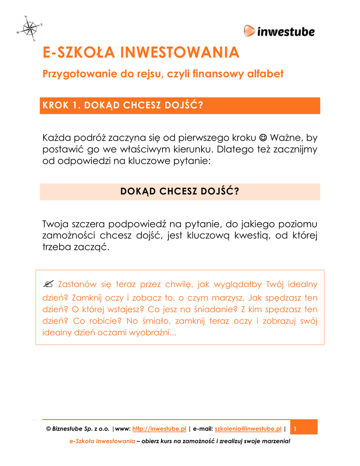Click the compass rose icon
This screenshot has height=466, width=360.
coord(30,28)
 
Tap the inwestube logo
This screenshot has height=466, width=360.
coord(279,31)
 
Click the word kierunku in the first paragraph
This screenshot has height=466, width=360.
coord(189,149)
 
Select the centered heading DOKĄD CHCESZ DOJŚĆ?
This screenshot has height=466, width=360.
coord(180,192)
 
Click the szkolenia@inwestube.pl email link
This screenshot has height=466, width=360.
coord(248,429)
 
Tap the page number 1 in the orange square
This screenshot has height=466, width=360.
coord(295,429)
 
